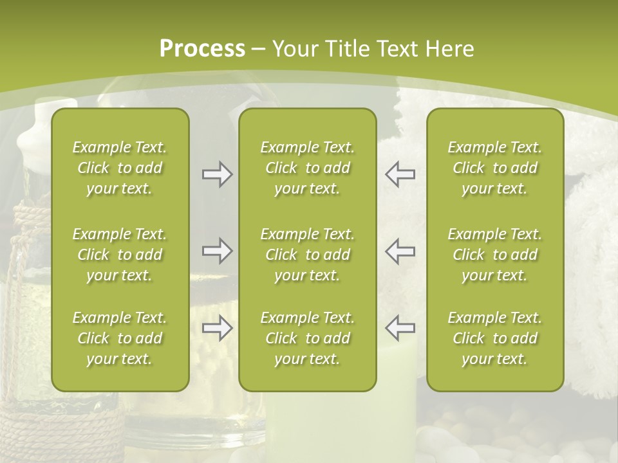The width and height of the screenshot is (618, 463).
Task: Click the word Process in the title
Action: coord(202,49)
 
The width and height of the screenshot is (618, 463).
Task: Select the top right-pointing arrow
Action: coord(218,174)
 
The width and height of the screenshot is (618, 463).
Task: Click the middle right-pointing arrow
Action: coord(218,251)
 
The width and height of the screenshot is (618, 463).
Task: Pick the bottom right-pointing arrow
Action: coord(218,328)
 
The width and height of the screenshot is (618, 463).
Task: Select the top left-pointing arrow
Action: coord(400,174)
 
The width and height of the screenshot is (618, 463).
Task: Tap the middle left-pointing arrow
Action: coord(400,251)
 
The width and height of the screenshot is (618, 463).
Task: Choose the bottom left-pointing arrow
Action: coord(400,328)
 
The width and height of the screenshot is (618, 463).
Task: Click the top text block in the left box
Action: coord(120,168)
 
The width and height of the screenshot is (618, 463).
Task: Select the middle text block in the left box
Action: coord(120,255)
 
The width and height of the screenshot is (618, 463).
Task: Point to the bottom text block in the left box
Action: coord(120,338)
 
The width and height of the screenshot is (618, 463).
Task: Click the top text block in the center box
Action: coord(308,168)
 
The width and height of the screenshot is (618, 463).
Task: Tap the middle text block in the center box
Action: coord(308,255)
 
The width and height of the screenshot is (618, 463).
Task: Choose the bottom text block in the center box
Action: coord(308,338)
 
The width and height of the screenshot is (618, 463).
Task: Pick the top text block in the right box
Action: coord(495,168)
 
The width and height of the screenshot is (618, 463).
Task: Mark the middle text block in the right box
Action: coord(495,255)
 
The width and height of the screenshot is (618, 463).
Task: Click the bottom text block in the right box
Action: coord(495,338)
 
